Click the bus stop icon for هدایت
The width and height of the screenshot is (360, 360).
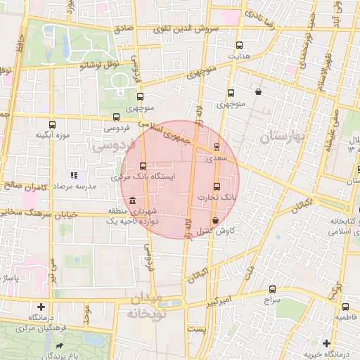(240, 44)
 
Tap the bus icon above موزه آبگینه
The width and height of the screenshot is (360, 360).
(51, 123)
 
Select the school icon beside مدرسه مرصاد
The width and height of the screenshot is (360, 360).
(73, 174)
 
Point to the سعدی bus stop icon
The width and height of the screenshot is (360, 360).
(217, 148)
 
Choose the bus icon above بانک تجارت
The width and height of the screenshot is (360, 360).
(217, 187)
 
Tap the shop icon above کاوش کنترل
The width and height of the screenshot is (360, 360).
(224, 220)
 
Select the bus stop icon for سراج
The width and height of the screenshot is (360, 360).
(273, 288)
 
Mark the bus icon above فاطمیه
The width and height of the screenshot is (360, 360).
(345, 307)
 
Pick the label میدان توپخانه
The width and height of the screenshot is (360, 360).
(146, 307)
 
